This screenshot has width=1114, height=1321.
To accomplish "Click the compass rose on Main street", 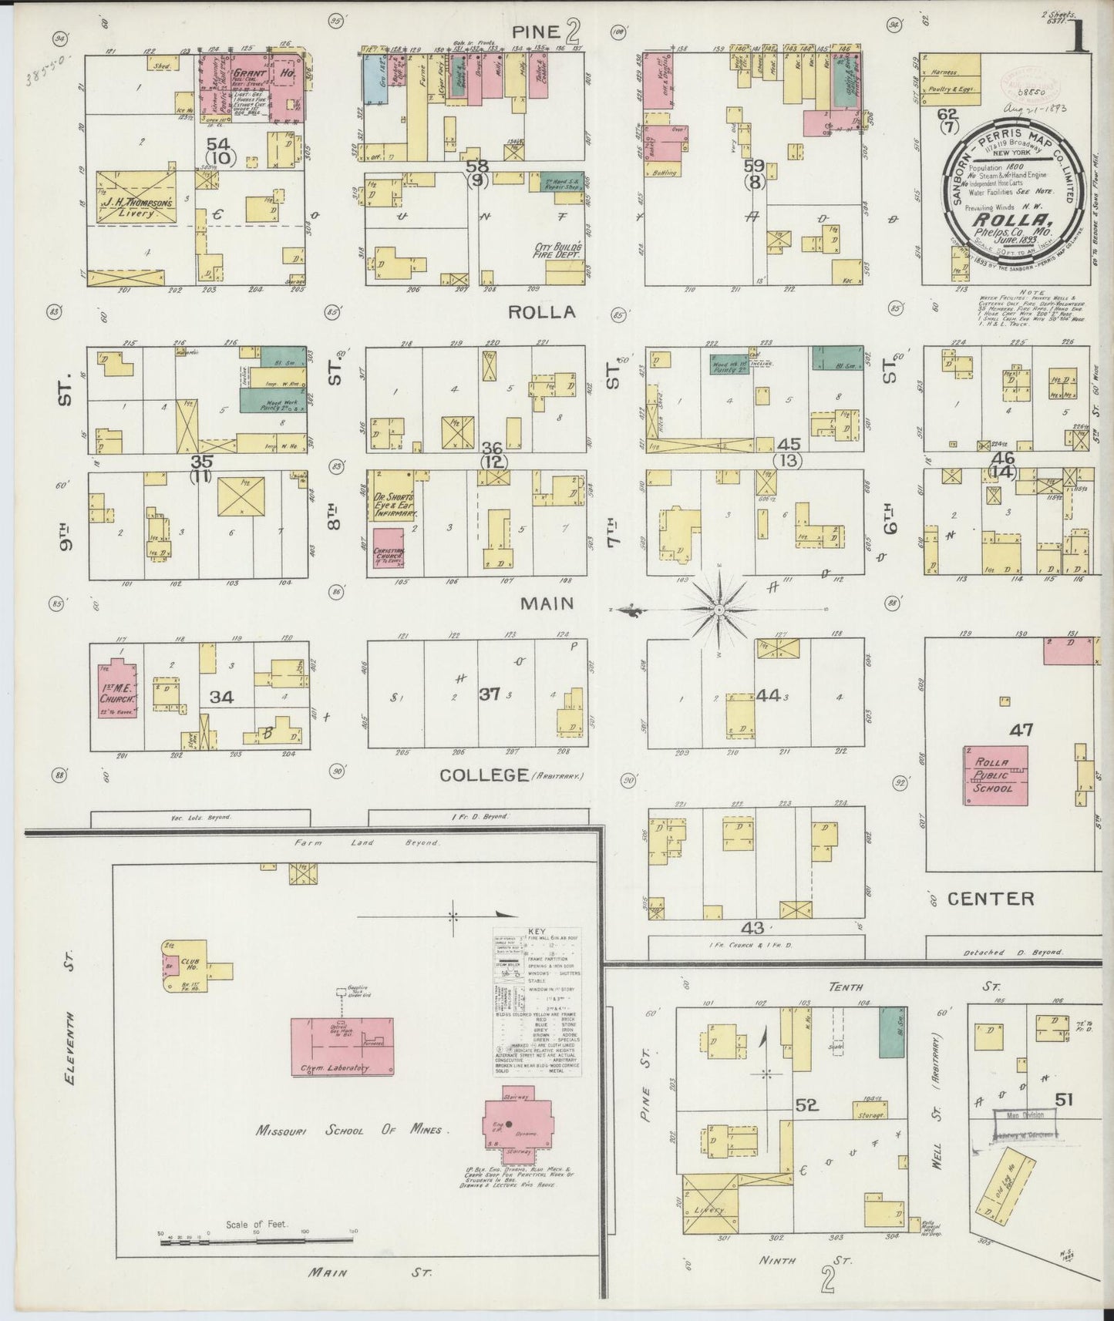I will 719,609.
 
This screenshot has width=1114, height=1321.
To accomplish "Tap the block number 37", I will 490,694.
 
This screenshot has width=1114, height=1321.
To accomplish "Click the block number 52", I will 806,1104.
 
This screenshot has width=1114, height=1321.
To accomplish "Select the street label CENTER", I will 991,898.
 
